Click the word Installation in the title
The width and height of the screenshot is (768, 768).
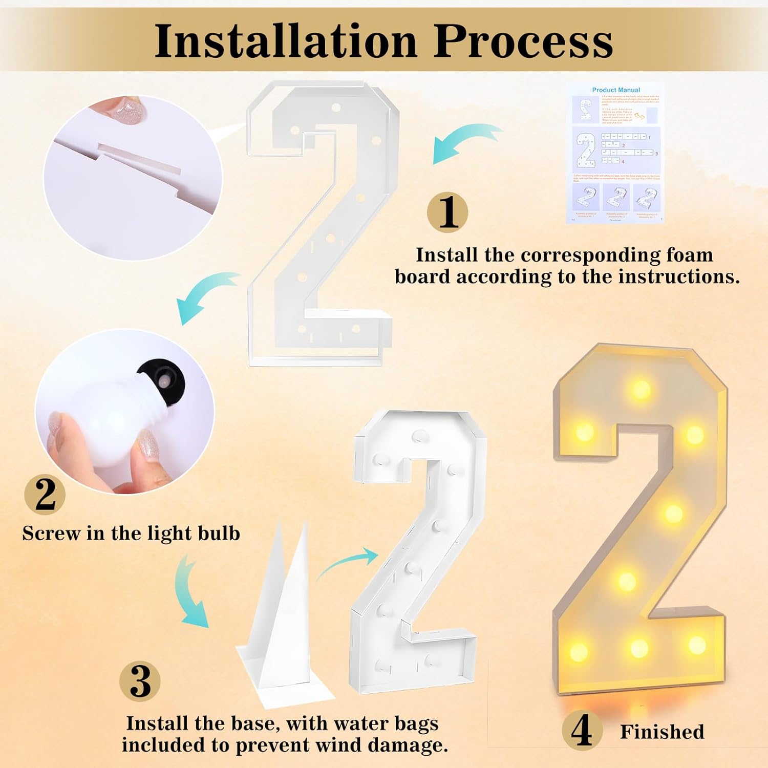[286, 41]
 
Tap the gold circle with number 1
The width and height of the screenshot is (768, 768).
[447, 212]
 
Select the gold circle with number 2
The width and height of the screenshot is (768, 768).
[45, 494]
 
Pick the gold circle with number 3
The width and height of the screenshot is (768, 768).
[140, 681]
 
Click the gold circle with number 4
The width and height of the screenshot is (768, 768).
[582, 731]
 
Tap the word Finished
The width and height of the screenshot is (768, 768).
[662, 732]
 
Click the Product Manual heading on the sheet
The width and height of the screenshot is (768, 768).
[616, 90]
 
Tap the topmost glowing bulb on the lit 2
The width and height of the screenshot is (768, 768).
[641, 389]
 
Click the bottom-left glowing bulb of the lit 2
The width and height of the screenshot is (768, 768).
[579, 652]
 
